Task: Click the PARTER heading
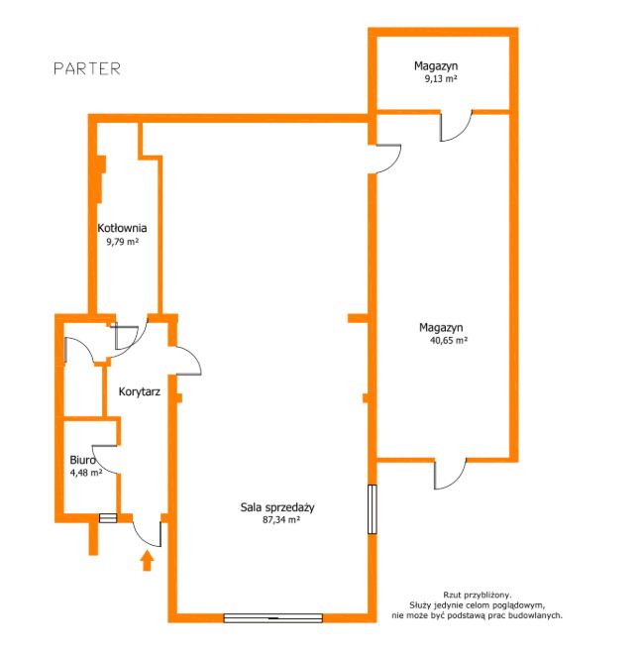point(87,68)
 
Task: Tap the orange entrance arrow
point(147,561)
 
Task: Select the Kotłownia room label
point(122,228)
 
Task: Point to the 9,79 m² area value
point(122,241)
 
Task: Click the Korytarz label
point(140,391)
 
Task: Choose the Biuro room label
point(82,460)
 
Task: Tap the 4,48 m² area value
point(86,473)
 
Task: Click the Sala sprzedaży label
point(277,507)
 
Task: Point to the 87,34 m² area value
point(281,520)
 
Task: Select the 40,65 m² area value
point(449,340)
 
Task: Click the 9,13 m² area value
point(441,78)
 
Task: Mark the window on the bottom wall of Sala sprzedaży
point(273,618)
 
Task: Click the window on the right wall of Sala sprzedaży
point(373,509)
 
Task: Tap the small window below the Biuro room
point(108,518)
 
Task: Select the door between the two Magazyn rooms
point(457,126)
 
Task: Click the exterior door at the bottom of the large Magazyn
point(450,474)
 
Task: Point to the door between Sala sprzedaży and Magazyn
point(388,159)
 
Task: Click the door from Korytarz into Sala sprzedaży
point(188,361)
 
